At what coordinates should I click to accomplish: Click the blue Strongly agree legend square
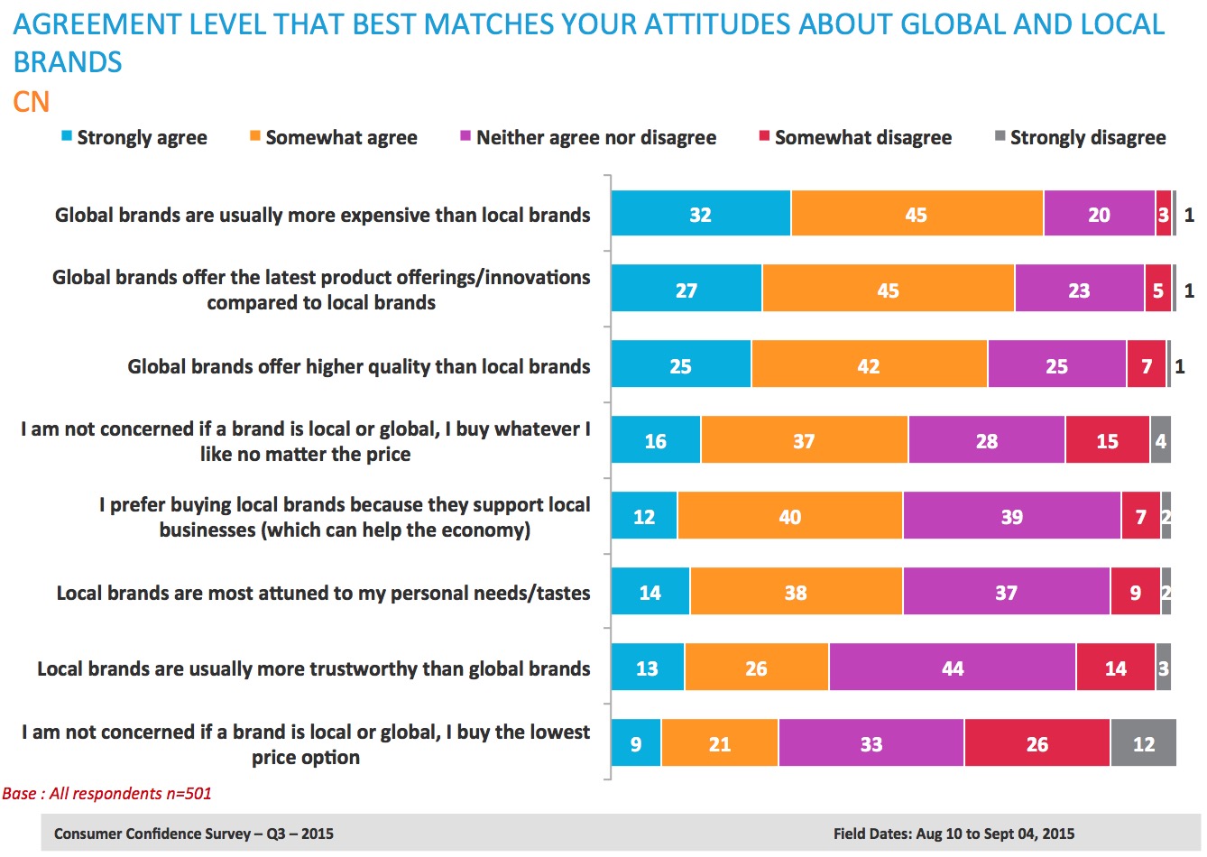[x=67, y=137]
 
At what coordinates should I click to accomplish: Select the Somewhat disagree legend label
[x=862, y=138]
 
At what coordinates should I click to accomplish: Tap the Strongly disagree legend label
[x=1087, y=138]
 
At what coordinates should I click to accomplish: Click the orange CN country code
[x=31, y=102]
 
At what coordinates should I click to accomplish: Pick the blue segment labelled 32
[x=700, y=215]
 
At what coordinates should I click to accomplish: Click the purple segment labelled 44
[x=952, y=668]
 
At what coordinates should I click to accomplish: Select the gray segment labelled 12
[x=1143, y=744]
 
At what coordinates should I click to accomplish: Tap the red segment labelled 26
[x=1037, y=744]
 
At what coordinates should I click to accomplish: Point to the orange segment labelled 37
[x=803, y=441]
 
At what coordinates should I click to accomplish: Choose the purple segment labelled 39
[x=1011, y=517]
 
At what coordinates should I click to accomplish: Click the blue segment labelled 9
[x=636, y=744]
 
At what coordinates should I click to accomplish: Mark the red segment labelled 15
[x=1107, y=441]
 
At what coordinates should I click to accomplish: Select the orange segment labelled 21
[x=719, y=744]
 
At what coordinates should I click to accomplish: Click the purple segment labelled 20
[x=1099, y=215]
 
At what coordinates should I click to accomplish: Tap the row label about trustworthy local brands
[x=313, y=668]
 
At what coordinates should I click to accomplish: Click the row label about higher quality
[x=358, y=366]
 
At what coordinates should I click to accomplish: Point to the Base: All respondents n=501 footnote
[x=106, y=794]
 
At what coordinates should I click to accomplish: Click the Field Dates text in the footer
[x=954, y=834]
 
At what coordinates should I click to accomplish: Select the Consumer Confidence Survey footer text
[x=193, y=834]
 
